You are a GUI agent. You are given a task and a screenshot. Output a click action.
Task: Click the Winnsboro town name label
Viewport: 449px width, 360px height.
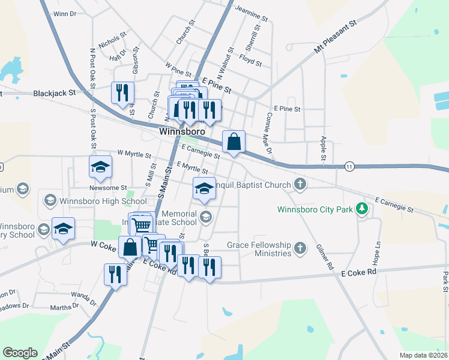pos(182,131)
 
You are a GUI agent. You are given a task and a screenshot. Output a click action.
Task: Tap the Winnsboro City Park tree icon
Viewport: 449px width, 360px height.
pos(361,209)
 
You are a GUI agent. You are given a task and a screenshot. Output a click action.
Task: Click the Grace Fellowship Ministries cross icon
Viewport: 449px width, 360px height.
pos(301,247)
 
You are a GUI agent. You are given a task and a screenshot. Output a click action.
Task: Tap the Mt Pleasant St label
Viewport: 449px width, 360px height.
pos(336,37)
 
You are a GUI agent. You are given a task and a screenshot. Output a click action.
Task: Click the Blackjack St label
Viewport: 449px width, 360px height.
pos(55,94)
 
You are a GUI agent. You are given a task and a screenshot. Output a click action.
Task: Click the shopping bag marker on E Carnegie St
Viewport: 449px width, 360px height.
pos(234,142)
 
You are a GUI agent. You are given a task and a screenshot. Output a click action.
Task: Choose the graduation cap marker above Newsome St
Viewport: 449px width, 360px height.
pos(100,166)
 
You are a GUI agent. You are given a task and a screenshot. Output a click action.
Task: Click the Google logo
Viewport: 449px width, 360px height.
pos(20,352)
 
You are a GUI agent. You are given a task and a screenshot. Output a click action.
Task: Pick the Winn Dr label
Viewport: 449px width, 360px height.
pos(65,13)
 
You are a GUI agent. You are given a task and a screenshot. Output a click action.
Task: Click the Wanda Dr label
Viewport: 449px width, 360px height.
pos(83,296)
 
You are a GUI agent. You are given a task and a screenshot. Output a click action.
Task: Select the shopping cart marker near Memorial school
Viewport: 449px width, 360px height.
pos(142,224)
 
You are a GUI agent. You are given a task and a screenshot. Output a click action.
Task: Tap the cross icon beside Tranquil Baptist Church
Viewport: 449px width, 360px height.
pos(301,184)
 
